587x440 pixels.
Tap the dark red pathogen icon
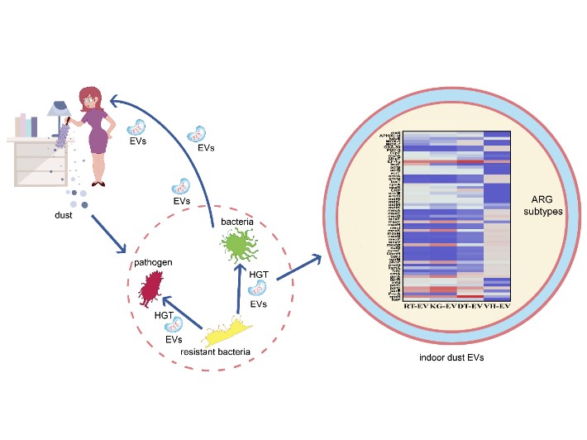(x=151, y=289)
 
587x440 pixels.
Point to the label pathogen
(x=155, y=262)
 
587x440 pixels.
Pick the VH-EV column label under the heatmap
(x=496, y=307)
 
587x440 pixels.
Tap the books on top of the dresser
(x=26, y=126)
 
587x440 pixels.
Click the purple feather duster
(x=61, y=136)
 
